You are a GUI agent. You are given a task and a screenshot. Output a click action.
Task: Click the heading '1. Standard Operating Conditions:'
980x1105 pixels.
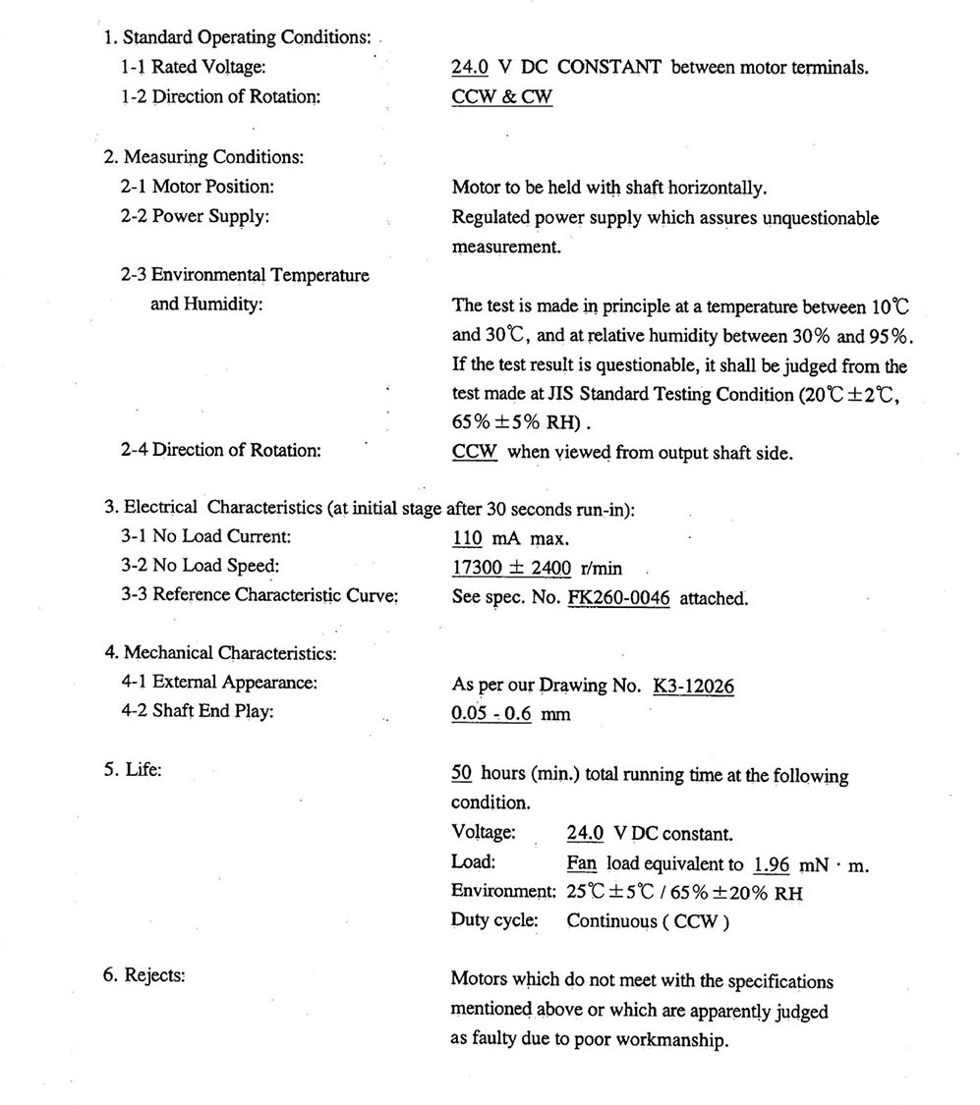pos(237,38)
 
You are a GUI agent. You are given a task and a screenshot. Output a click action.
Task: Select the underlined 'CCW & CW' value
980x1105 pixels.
pos(501,98)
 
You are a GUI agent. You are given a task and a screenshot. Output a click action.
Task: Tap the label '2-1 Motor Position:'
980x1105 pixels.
pos(198,187)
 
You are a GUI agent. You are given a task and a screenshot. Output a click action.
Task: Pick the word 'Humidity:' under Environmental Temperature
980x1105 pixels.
pos(206,304)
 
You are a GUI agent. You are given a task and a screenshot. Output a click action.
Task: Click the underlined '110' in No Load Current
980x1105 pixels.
pos(467,538)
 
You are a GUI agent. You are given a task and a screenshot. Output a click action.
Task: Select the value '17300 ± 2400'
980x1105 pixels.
pos(511,568)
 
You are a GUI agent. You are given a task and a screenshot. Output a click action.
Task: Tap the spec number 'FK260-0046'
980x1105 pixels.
pos(618,598)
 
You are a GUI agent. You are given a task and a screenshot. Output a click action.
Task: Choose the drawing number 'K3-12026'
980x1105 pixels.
pos(693,686)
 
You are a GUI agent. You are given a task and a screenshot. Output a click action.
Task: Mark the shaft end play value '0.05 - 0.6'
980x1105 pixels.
pos(491,714)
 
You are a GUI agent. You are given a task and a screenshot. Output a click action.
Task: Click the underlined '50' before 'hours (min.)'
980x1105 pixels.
pos(462,775)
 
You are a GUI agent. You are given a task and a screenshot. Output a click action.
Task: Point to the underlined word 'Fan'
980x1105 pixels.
pos(582,864)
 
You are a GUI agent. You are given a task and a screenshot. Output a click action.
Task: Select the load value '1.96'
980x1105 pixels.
pos(772,864)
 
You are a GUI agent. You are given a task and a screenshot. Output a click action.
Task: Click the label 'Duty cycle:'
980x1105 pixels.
pos(494,921)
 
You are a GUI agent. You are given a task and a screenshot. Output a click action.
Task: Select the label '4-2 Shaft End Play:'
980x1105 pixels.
pos(197,711)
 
